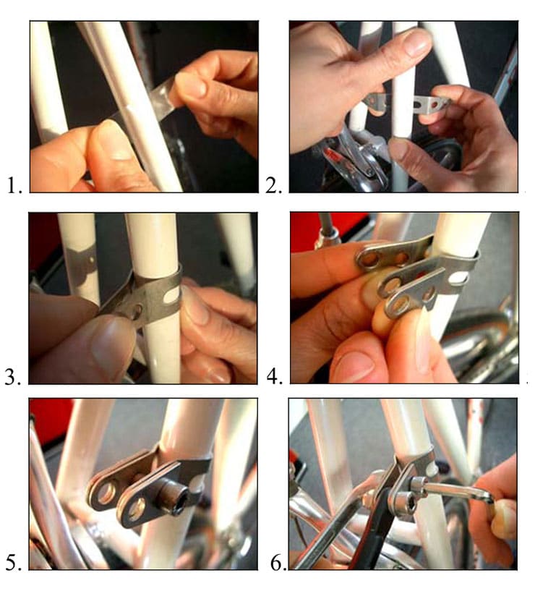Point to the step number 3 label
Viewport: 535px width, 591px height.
pos(12,377)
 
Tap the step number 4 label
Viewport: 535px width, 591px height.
pos(275,376)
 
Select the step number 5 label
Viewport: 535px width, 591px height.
pos(14,564)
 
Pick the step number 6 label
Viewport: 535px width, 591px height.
pos(278,564)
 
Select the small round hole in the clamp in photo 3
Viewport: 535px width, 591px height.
pos(137,310)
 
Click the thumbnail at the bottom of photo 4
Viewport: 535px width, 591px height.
pos(354,364)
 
